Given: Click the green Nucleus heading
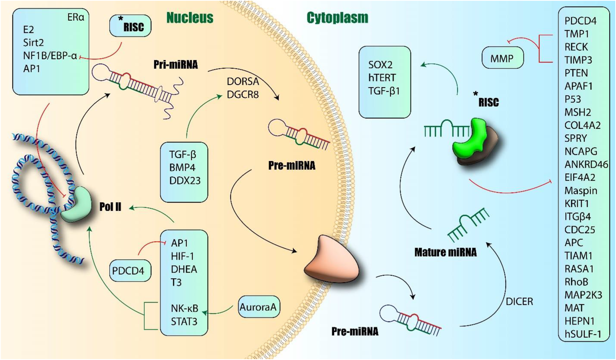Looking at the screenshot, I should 190,18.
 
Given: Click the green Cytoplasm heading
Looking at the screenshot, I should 337,18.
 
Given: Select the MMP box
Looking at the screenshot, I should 502,58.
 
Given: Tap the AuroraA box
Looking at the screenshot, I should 258,307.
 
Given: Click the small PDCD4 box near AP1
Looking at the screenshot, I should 128,271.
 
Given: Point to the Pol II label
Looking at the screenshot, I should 111,207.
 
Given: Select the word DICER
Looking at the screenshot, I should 519,302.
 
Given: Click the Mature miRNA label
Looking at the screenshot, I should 445,252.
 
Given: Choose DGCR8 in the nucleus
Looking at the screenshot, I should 243,95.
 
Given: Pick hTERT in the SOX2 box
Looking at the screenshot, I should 382,78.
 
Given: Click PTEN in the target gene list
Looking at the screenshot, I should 576,73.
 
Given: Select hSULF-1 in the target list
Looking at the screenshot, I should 583,334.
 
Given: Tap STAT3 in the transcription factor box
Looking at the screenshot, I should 184,321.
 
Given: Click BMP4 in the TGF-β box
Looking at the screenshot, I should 182,167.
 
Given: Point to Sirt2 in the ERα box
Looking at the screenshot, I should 33,43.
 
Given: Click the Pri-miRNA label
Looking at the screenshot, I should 176,64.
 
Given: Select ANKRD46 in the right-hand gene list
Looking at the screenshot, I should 586,164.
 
